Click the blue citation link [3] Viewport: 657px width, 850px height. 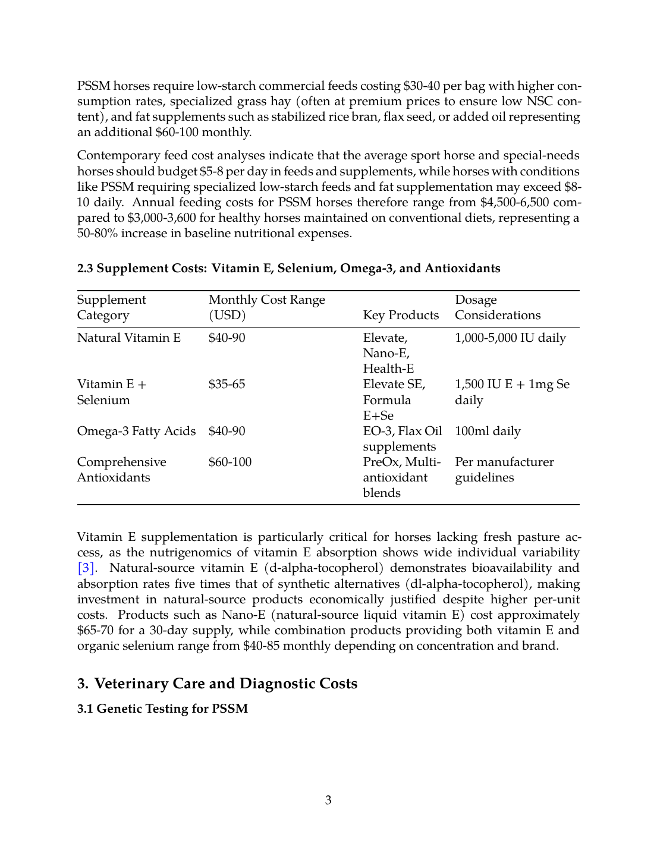point(86,568)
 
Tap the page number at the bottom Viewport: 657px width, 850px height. point(328,800)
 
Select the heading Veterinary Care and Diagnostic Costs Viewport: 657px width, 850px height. point(217,684)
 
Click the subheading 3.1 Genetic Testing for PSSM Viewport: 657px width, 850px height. point(162,709)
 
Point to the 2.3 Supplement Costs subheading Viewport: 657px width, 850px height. point(288,268)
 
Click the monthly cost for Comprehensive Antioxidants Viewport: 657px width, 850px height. point(230,462)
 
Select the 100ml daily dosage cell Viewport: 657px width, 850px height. point(488,431)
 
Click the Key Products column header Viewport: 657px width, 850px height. point(401,315)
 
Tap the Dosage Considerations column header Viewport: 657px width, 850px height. point(498,307)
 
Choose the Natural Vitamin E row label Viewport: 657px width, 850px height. point(129,338)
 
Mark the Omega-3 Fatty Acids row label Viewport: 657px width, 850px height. point(136,431)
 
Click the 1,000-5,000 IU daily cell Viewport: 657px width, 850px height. point(510,338)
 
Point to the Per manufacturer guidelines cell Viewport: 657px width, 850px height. point(504,470)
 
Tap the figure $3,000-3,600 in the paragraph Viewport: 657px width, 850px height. point(162,218)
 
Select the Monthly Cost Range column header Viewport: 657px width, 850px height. point(266,307)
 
